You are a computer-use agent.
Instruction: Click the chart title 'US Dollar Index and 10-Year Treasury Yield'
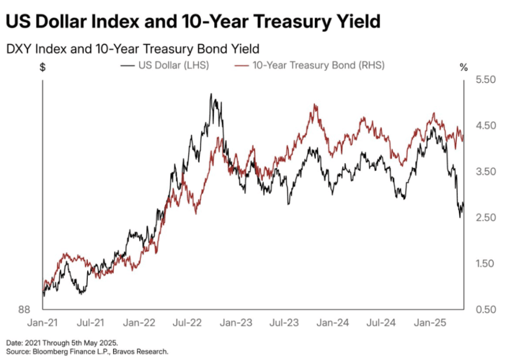click(193, 22)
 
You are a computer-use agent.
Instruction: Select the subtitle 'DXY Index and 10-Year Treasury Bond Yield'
click(132, 49)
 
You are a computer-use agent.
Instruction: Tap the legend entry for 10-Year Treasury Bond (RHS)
click(310, 66)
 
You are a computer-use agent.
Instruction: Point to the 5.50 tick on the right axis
click(485, 80)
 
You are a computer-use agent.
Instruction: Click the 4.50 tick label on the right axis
click(485, 126)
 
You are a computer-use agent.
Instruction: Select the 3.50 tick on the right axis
click(485, 172)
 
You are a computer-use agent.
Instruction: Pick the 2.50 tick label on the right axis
click(485, 218)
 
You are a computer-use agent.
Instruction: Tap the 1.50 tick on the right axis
click(485, 264)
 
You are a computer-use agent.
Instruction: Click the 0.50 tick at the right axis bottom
click(485, 309)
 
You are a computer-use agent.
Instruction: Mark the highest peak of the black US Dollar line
click(212, 94)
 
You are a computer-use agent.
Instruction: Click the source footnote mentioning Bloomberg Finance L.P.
click(87, 351)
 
